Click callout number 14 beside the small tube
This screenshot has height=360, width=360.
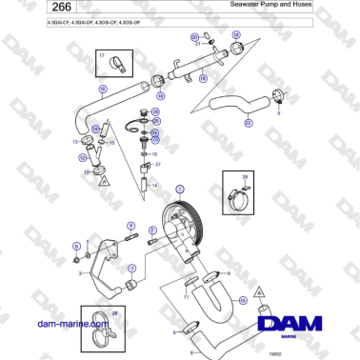pos(153,186)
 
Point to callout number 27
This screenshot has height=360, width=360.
pos(158,164)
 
